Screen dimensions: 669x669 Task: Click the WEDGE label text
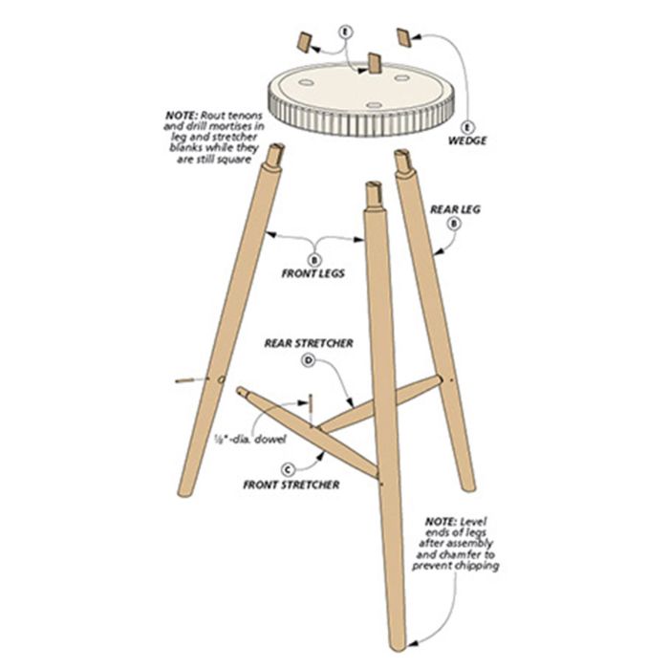pos(467,140)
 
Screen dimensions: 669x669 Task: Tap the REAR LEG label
pos(455,209)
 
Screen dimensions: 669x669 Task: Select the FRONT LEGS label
pos(313,273)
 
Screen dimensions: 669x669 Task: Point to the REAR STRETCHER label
pos(309,343)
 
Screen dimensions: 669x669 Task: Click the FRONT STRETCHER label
pos(291,485)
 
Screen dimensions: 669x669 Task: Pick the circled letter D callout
pos(308,360)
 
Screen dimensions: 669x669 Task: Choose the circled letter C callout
pos(289,469)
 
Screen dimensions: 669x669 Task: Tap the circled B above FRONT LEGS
pos(315,259)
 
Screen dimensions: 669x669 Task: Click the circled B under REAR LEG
pos(454,223)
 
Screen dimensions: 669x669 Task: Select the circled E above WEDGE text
pos(467,127)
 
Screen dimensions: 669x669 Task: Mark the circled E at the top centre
pos(346,32)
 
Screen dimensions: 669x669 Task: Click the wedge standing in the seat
pos(375,63)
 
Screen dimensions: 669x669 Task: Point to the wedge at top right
pos(404,37)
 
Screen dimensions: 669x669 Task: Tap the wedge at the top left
pos(303,42)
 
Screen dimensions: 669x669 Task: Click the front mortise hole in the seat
pos(375,105)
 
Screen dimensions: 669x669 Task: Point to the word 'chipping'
pos(478,566)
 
